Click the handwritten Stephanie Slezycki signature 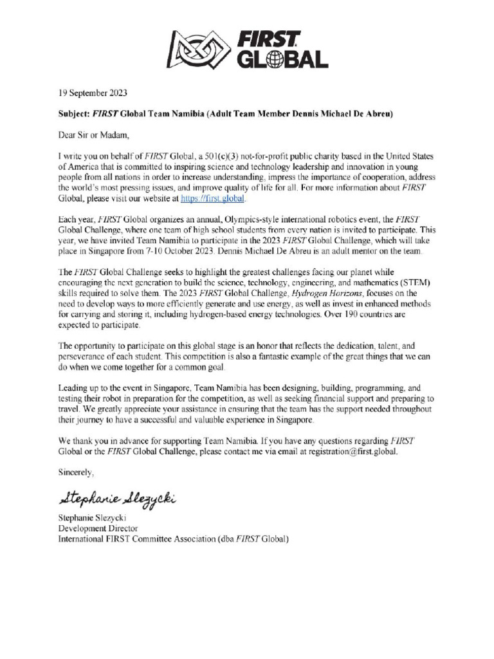(x=117, y=498)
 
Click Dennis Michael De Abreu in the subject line (x=329, y=114)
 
